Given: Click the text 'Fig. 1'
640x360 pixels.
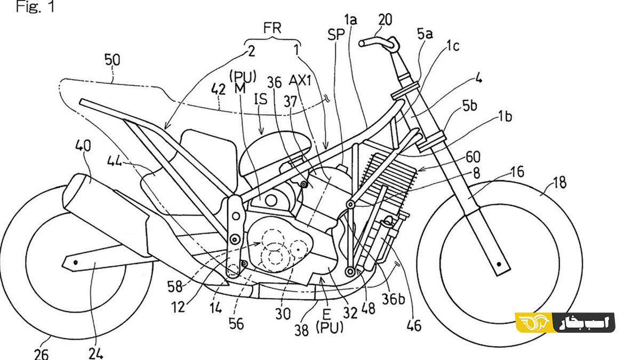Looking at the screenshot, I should [35, 9].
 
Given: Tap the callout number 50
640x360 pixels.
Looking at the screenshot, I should [112, 60].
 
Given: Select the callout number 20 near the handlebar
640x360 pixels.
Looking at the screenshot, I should [385, 20].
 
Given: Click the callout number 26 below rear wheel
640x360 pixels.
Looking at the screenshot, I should [42, 353].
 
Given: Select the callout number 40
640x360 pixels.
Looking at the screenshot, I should [83, 146].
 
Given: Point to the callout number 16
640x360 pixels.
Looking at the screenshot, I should [516, 172].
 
